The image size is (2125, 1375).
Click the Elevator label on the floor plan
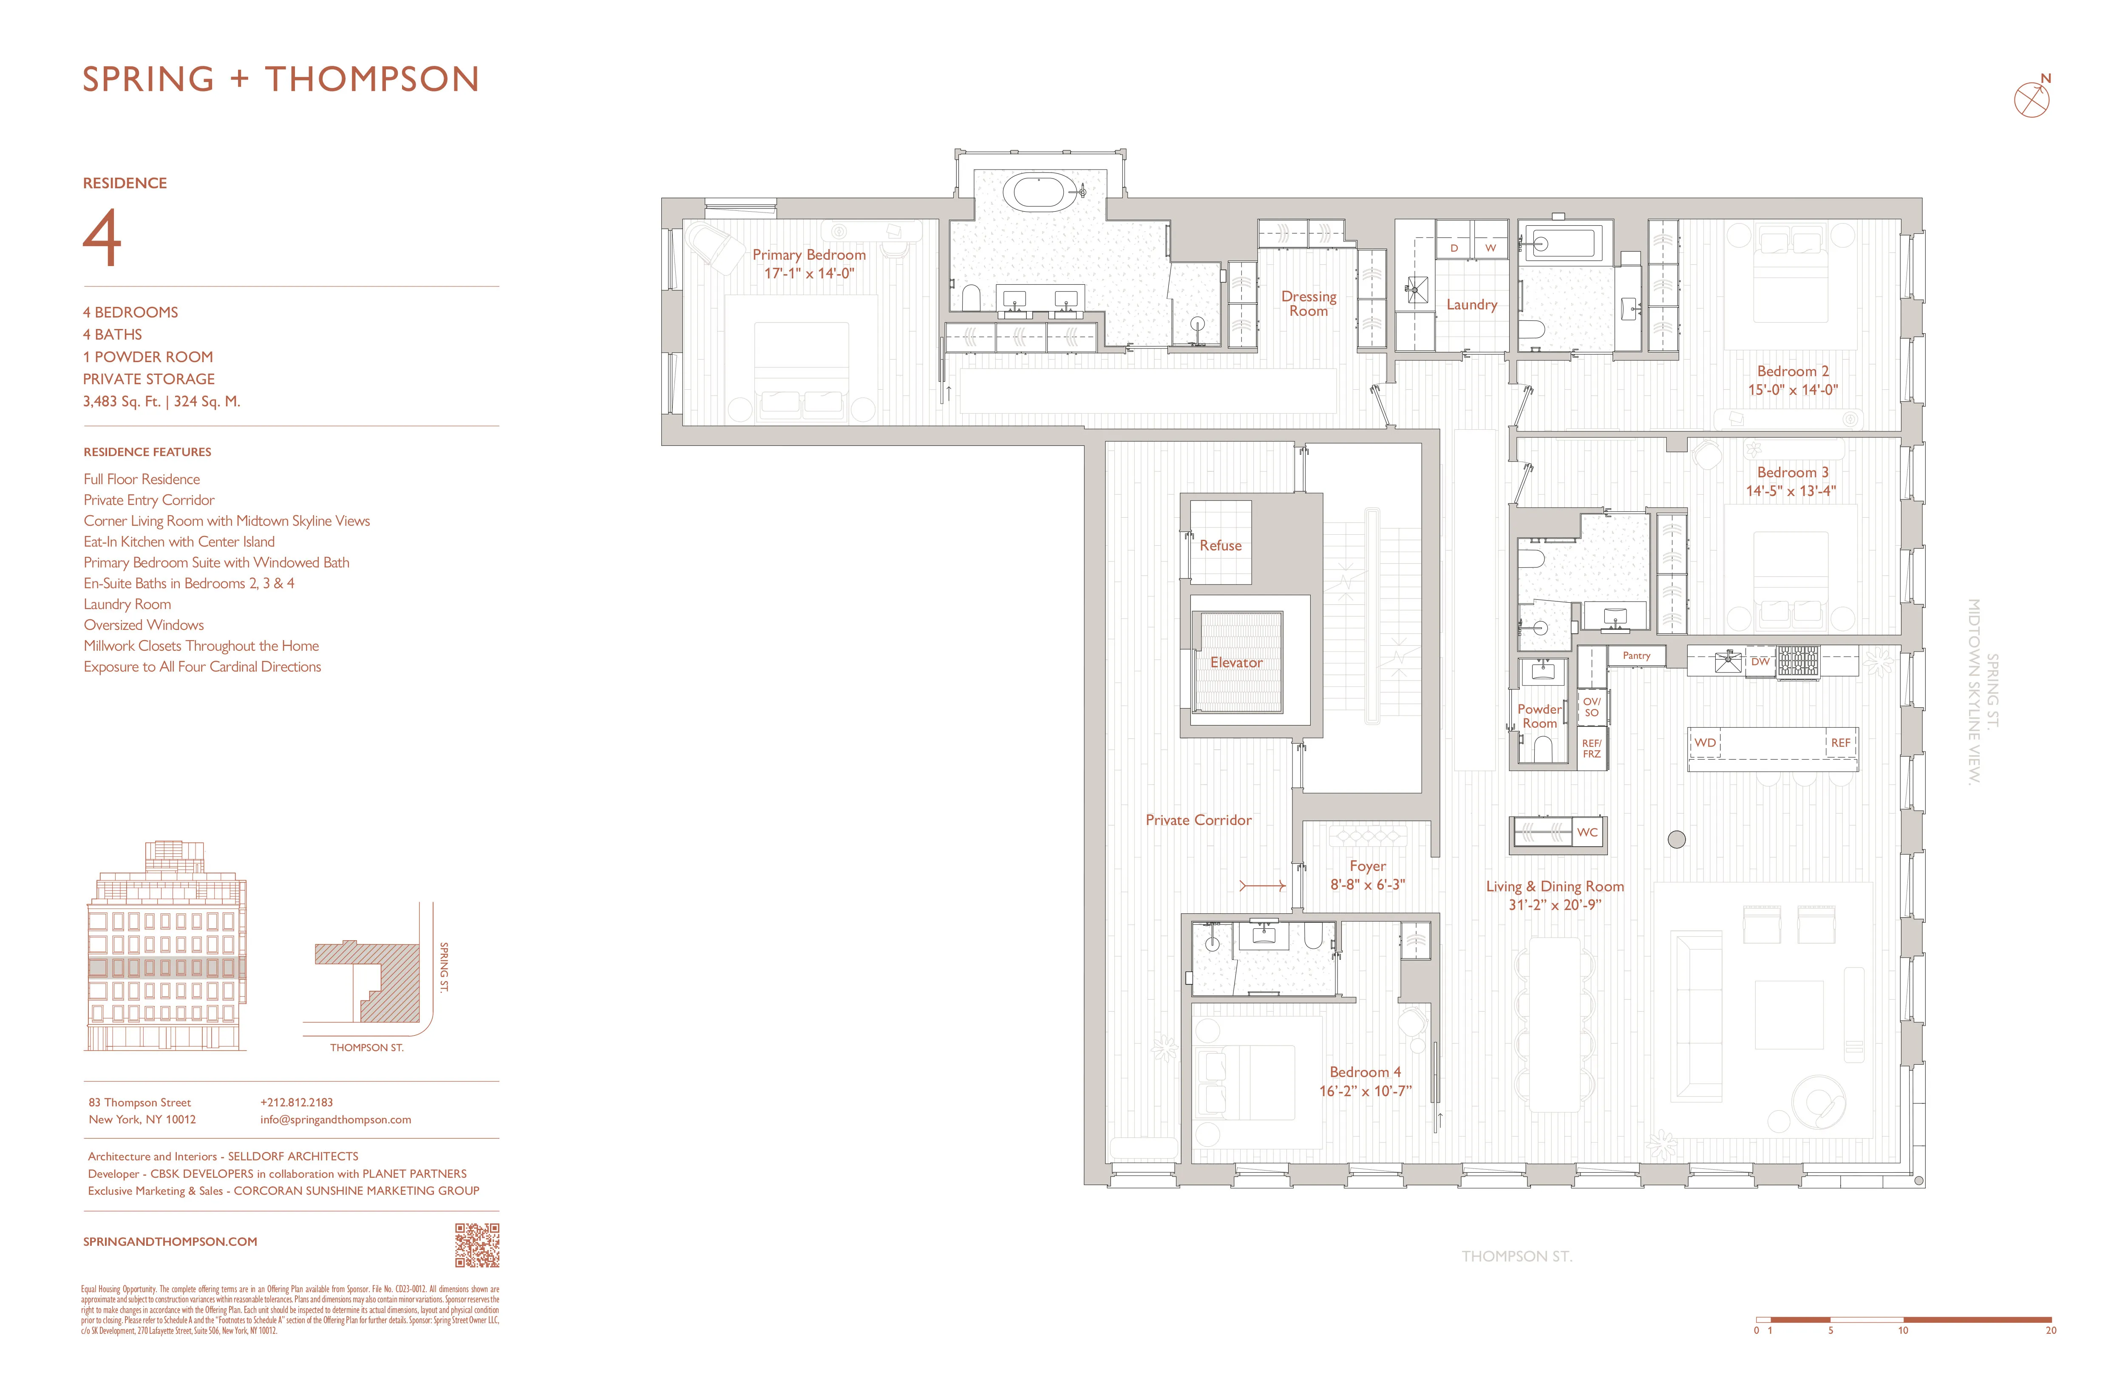click(x=1236, y=663)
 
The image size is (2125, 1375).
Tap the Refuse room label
click(x=1220, y=545)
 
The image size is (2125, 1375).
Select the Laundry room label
click(x=1471, y=304)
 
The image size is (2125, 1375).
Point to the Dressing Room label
click(x=1308, y=303)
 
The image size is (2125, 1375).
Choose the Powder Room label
click(x=1539, y=716)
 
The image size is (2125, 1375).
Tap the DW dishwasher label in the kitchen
click(x=1760, y=662)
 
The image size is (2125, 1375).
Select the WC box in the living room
click(x=1587, y=832)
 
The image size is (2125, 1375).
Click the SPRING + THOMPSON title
click(x=281, y=79)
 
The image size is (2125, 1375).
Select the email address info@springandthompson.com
click(x=336, y=1120)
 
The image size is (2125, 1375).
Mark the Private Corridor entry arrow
click(x=1261, y=886)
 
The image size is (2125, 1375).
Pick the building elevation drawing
click(x=166, y=947)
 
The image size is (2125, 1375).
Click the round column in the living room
click(x=1677, y=839)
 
